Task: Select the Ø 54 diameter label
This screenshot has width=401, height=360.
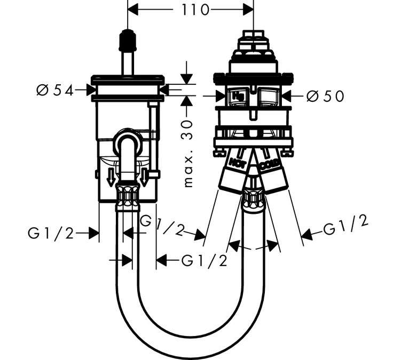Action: click(55, 90)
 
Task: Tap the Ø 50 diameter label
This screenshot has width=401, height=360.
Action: click(325, 97)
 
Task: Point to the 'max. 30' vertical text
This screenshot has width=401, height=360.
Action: click(188, 153)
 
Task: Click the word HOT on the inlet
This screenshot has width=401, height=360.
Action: click(237, 162)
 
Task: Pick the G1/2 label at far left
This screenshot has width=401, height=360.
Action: click(51, 234)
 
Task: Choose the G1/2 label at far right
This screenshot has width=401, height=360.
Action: click(346, 225)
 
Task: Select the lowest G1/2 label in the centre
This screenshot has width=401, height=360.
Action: click(205, 261)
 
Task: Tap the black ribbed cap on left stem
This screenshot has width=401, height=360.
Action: click(128, 39)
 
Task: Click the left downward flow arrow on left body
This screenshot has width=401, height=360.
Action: click(111, 177)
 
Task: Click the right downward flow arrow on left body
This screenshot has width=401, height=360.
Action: click(144, 177)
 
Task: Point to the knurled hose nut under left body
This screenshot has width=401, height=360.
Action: click(128, 197)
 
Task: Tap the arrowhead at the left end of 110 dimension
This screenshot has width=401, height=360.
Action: click(133, 10)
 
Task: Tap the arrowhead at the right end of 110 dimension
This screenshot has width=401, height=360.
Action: click(248, 10)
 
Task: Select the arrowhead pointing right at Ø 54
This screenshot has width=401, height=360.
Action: click(91, 90)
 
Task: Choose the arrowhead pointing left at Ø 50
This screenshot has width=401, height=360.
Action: click(287, 97)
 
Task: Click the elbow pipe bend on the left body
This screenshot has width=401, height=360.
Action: click(128, 139)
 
